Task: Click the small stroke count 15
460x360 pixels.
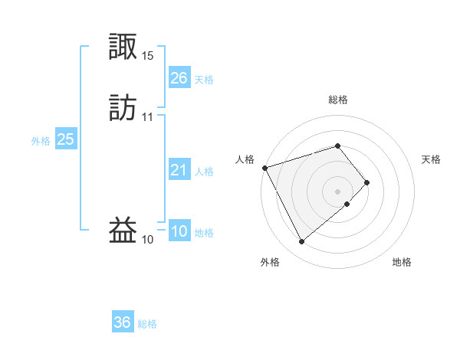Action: click(x=148, y=56)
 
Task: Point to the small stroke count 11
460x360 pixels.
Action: click(x=148, y=117)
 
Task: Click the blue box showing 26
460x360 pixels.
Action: click(x=179, y=78)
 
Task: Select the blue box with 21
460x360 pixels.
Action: click(x=179, y=171)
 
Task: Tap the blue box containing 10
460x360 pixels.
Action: click(x=179, y=232)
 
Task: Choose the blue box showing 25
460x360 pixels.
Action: click(x=65, y=139)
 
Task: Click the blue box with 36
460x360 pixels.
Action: click(x=122, y=322)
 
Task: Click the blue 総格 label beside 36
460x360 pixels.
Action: click(x=147, y=324)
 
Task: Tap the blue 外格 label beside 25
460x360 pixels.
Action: click(x=40, y=141)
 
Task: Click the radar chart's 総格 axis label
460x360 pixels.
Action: click(x=337, y=100)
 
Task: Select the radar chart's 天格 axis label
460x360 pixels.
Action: click(x=431, y=159)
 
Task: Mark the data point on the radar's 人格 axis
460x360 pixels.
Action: click(x=264, y=167)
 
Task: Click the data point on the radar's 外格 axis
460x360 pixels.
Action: click(x=301, y=242)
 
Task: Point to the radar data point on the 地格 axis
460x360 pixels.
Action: click(x=347, y=205)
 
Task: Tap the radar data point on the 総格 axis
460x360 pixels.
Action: click(x=337, y=146)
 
